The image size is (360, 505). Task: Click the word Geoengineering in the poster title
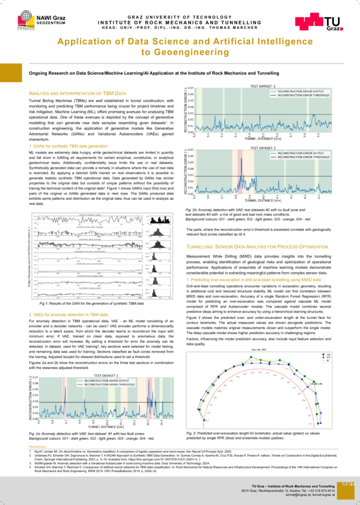[x=179, y=52]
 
